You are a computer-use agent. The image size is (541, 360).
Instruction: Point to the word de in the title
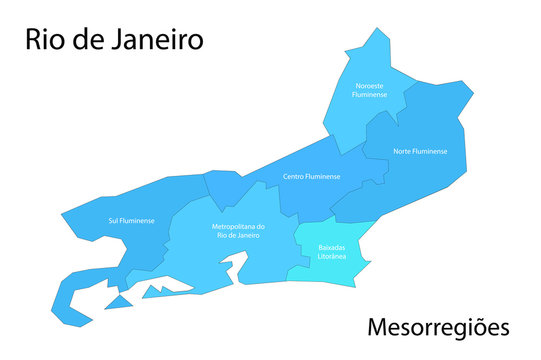tap(87, 40)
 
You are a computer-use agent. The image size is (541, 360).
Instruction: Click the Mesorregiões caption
tap(438, 327)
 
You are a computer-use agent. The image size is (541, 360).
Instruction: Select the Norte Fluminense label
tap(420, 151)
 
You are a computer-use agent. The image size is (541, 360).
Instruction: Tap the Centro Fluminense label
tap(311, 176)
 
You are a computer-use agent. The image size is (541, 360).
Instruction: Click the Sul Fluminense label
tap(131, 220)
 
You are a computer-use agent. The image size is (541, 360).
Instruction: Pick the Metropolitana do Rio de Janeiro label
tap(238, 231)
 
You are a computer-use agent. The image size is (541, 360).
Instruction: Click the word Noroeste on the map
tap(371, 86)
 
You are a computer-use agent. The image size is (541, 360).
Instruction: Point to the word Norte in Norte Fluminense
tap(403, 151)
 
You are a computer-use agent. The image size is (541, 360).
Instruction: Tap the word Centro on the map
tap(293, 176)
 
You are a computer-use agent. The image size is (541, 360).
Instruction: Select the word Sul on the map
tap(113, 220)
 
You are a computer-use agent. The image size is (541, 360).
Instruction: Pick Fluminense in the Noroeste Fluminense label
tap(371, 95)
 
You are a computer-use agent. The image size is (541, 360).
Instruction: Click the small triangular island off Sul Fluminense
tap(120, 301)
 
